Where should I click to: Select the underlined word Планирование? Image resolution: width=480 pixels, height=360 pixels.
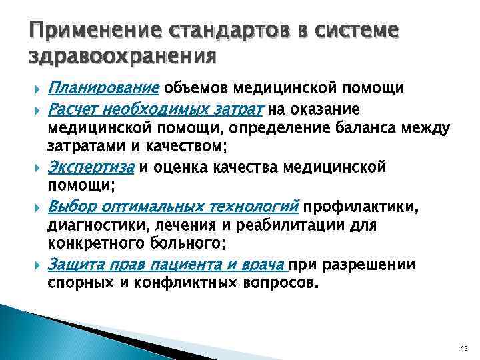113,88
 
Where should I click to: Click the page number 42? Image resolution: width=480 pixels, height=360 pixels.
464,349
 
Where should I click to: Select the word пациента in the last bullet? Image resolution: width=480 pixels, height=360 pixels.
181,265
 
